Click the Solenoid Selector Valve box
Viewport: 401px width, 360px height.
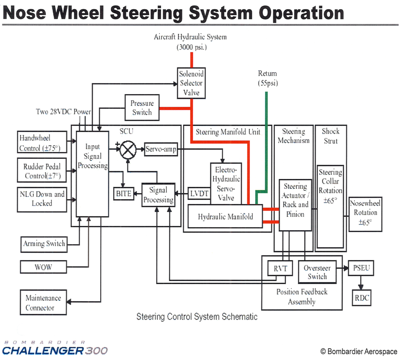tap(191, 83)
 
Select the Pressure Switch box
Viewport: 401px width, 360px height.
tap(142, 108)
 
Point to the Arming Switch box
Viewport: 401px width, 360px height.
tap(44, 244)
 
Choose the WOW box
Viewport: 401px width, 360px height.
tap(43, 267)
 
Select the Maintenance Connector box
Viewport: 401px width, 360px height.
tap(43, 303)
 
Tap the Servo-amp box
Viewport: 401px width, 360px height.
tap(161, 149)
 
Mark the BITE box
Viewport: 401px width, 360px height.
tap(123, 193)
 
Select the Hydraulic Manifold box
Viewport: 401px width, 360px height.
tap(225, 216)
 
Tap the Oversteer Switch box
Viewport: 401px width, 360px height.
tap(317, 272)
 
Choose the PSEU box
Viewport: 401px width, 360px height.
tap(361, 268)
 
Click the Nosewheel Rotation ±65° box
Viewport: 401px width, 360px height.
tap(365, 212)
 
